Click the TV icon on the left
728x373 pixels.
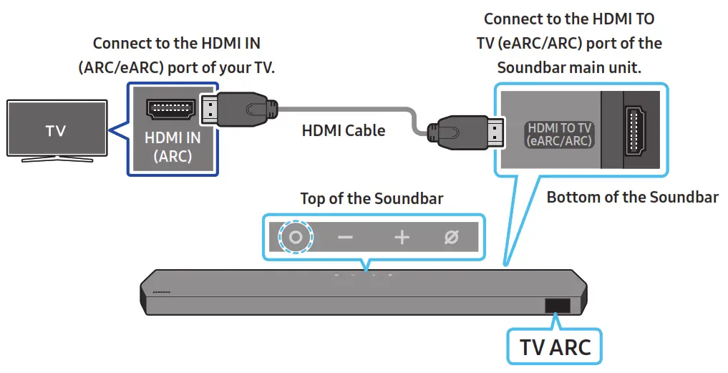56,130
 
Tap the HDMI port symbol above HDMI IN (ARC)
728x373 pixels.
170,110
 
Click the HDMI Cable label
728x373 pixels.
344,130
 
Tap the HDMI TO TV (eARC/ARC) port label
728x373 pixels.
560,135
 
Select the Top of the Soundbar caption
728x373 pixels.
372,198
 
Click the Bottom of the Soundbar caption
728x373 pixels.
632,197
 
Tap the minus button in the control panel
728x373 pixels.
345,237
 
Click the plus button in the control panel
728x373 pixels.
402,237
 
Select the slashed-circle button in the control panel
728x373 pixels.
451,237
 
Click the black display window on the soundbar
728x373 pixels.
558,306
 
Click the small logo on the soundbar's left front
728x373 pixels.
162,294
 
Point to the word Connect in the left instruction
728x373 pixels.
122,44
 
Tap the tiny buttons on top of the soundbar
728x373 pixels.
364,275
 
